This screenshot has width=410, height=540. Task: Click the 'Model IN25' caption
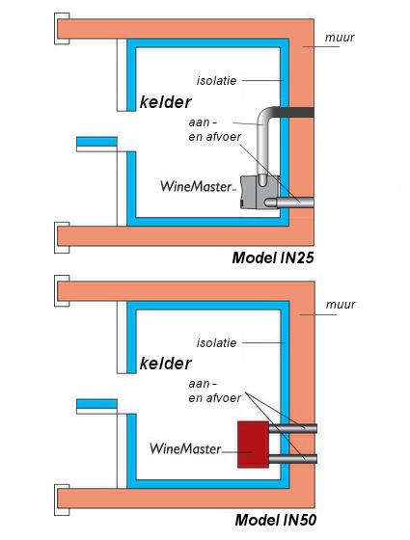[273, 257]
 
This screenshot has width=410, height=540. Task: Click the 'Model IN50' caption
[275, 520]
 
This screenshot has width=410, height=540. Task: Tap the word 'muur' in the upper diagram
[340, 38]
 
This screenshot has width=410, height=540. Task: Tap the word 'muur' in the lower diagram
[341, 305]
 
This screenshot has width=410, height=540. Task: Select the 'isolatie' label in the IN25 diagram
[216, 81]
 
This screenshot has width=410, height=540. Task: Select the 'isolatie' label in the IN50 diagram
[216, 343]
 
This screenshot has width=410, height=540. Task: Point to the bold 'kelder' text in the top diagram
[165, 102]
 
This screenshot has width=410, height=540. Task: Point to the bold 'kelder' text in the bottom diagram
[165, 364]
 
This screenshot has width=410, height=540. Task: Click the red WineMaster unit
[253, 445]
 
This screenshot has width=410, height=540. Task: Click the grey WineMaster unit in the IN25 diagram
[260, 192]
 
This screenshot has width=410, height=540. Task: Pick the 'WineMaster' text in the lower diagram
[185, 448]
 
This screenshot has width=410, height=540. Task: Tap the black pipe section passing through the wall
[294, 112]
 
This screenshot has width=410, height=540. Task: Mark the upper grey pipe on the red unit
[292, 429]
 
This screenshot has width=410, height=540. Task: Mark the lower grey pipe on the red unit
[292, 459]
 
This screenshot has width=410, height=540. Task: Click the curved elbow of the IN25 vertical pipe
[264, 115]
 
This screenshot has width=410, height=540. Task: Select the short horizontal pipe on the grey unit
[289, 202]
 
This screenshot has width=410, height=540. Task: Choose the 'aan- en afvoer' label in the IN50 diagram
[214, 391]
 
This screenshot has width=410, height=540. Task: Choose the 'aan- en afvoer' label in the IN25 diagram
[214, 130]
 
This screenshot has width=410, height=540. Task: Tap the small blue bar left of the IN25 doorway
[96, 142]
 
